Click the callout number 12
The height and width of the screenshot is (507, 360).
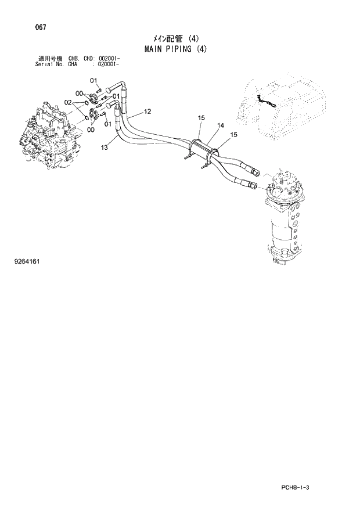[147, 112]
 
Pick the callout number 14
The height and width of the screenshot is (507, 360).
[221, 125]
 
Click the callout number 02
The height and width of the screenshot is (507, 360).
[68, 103]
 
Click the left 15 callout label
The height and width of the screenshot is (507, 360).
[201, 118]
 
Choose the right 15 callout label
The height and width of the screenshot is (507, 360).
[234, 135]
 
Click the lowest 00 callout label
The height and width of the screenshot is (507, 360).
[91, 130]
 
